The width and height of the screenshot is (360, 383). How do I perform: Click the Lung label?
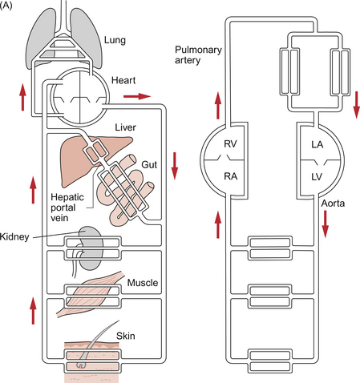115,41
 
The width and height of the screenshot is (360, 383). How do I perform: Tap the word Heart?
123,80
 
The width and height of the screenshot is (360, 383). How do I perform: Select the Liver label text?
125,127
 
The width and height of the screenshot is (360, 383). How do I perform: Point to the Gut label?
149,164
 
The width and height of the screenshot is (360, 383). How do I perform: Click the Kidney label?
14,237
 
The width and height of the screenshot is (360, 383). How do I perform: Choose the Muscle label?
143,283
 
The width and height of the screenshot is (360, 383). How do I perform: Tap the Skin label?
125,336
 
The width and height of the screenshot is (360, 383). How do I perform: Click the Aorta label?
333,204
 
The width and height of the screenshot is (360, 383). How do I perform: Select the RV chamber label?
230,144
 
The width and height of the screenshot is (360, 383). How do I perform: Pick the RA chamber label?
231,176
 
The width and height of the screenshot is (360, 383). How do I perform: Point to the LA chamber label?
318,144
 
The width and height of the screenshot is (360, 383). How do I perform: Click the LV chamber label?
317,177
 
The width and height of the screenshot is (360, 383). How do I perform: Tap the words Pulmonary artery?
198,55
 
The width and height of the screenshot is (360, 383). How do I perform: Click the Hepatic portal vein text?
67,208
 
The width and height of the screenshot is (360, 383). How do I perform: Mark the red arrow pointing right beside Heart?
137,96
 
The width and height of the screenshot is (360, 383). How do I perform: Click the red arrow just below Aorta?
325,224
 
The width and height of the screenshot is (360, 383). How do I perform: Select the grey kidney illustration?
91,248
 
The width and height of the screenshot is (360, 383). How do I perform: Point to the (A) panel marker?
6,6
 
